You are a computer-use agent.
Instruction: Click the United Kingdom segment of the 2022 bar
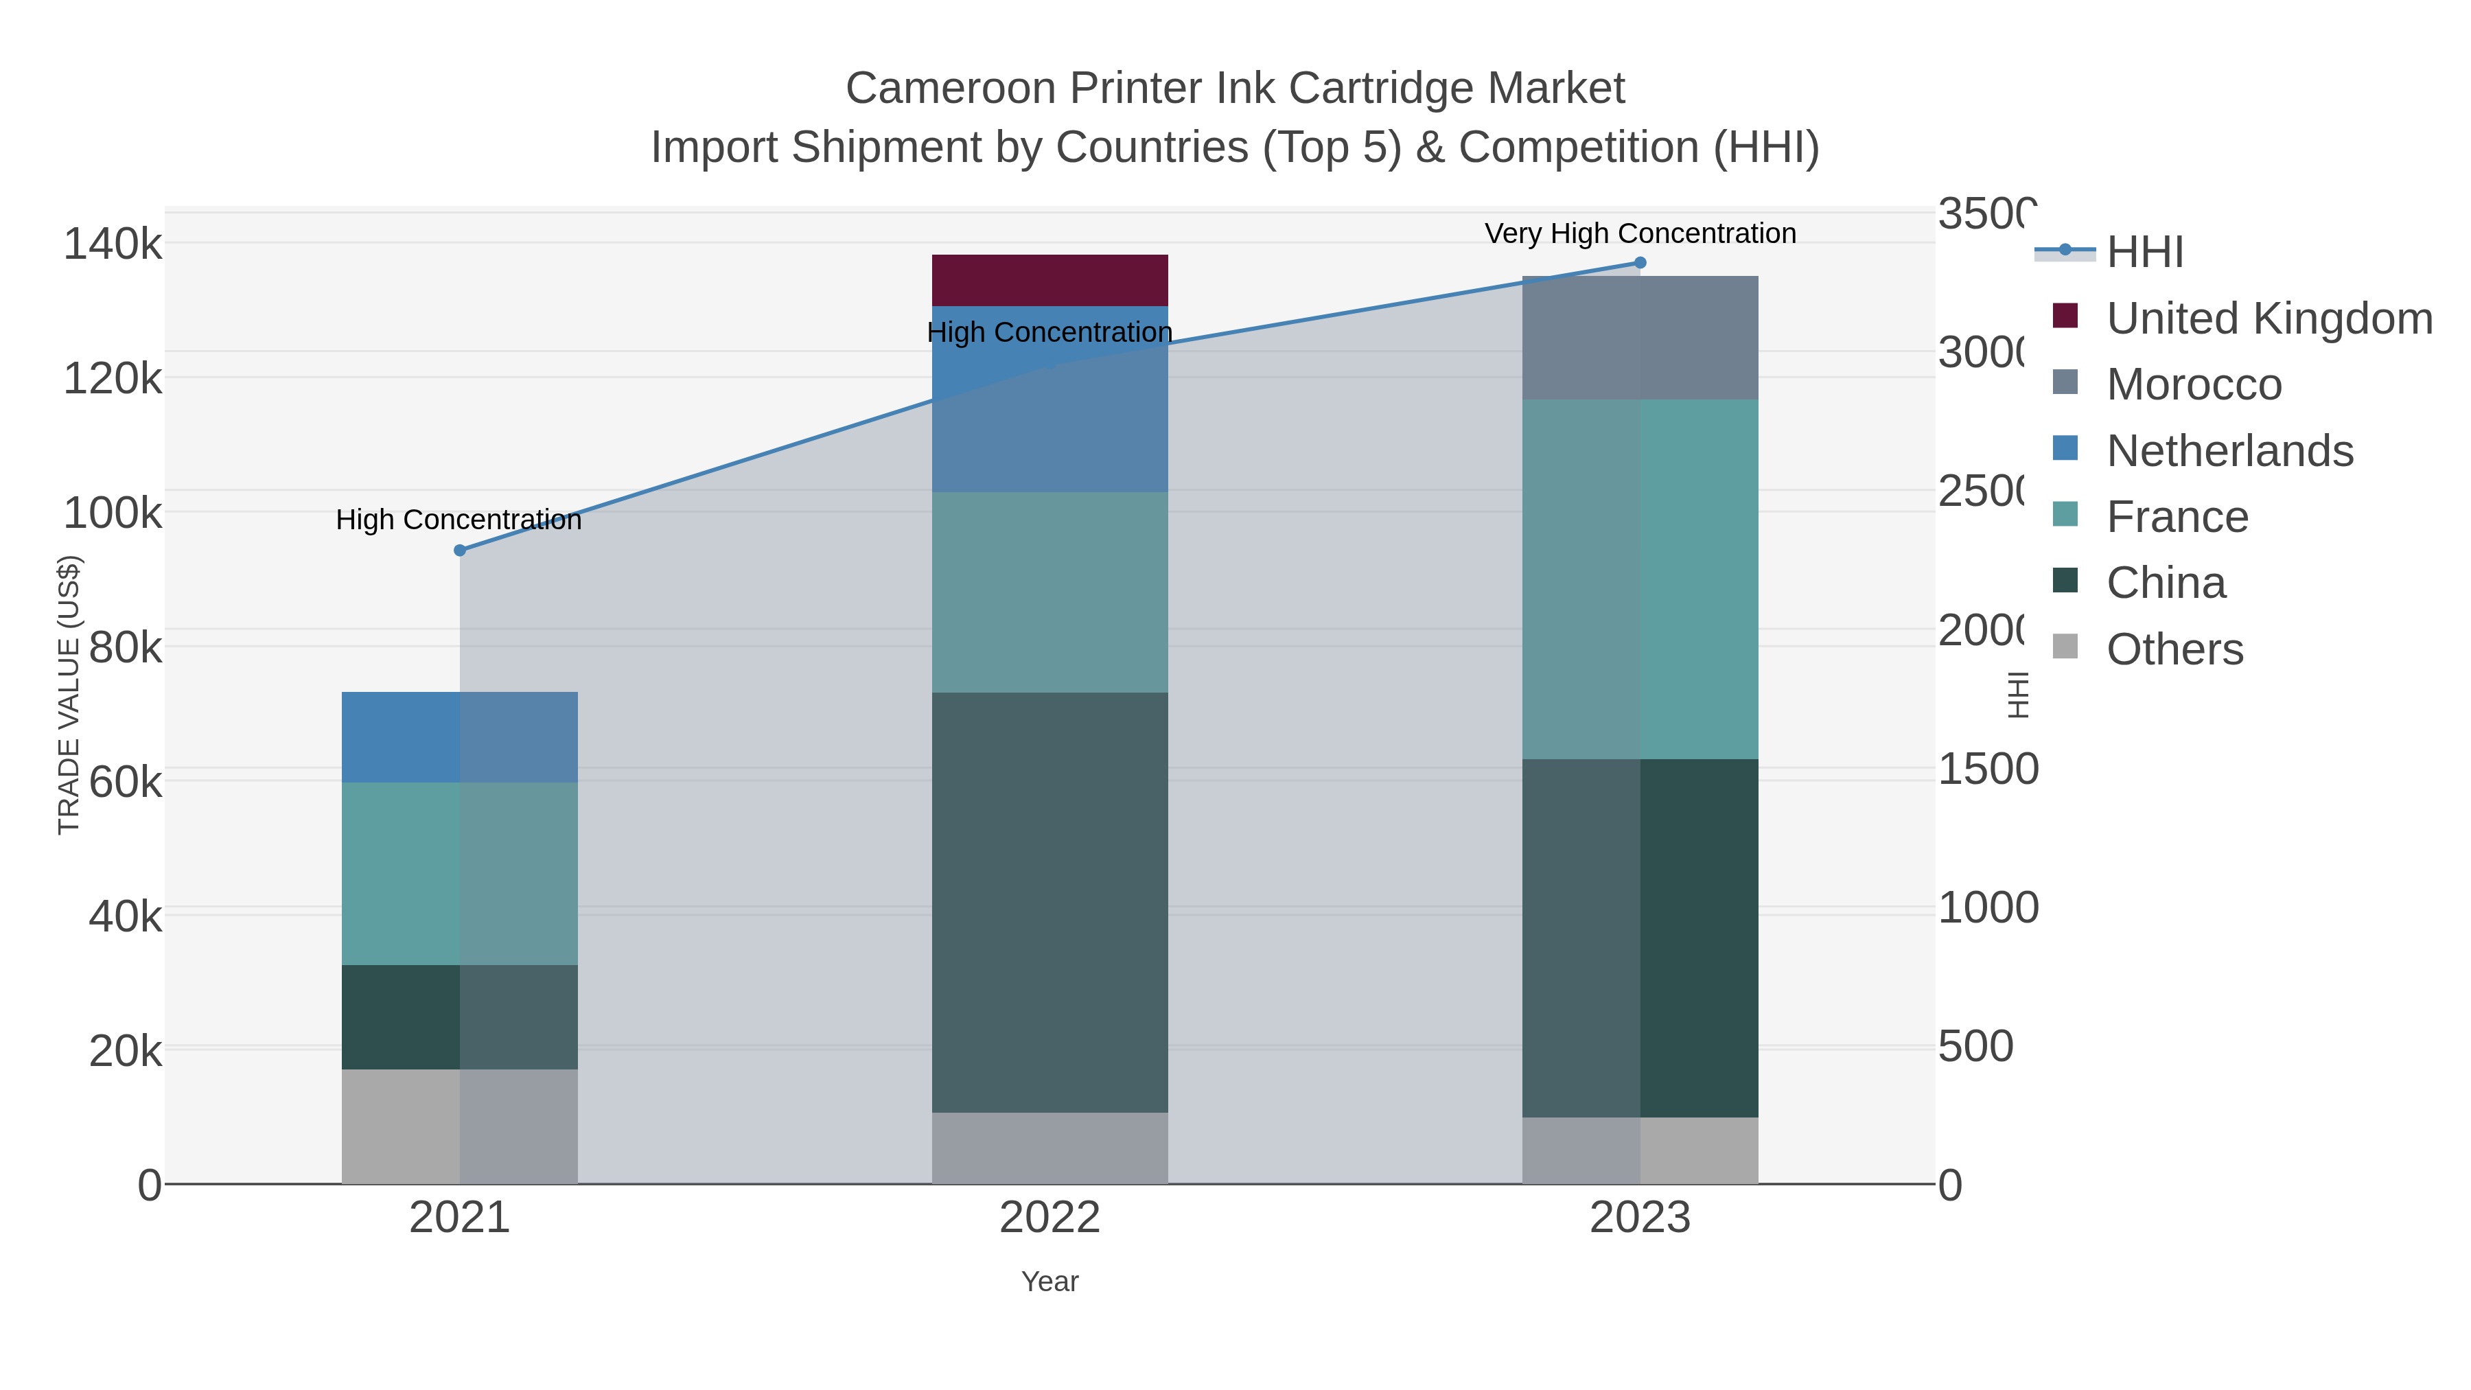(1049, 280)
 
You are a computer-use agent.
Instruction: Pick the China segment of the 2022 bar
(1049, 902)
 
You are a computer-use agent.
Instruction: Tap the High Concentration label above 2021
(459, 520)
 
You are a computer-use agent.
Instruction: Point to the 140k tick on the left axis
(113, 244)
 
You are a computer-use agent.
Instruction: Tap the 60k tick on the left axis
(125, 782)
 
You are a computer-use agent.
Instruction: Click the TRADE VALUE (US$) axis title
(69, 695)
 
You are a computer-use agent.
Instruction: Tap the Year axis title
(1049, 1282)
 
